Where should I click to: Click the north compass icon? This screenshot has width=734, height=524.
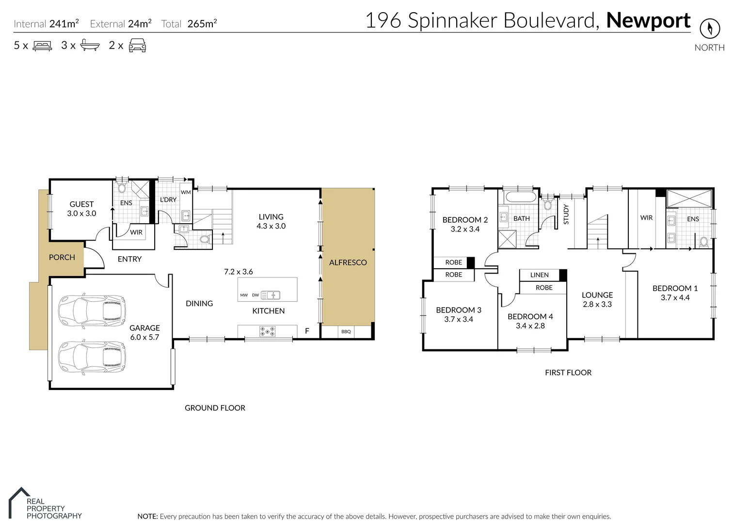coord(710,29)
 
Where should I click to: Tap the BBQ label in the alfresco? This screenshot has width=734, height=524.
coord(346,332)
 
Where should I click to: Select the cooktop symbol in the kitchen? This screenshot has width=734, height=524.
coord(268,331)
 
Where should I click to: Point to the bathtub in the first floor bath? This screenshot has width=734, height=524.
coord(519,197)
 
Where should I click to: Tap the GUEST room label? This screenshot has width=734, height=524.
coord(81,204)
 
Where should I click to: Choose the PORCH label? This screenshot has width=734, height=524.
coord(62,258)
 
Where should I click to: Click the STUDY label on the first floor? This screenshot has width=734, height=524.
coord(566,214)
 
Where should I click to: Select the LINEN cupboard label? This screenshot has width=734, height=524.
coord(539,275)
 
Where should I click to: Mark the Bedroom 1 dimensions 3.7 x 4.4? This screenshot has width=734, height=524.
coord(675,297)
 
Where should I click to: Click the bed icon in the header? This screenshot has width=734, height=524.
coord(42,46)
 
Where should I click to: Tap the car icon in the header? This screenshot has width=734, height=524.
coord(137,45)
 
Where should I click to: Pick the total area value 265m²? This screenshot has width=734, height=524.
coord(202,24)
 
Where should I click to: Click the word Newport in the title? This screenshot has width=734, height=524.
coord(648,20)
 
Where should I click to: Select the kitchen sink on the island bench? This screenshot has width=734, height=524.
coord(270,295)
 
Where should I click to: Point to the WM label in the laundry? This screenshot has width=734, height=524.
coord(186,192)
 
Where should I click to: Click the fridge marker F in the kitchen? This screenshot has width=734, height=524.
coord(307,331)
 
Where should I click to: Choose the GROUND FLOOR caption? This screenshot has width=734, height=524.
coord(215,408)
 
